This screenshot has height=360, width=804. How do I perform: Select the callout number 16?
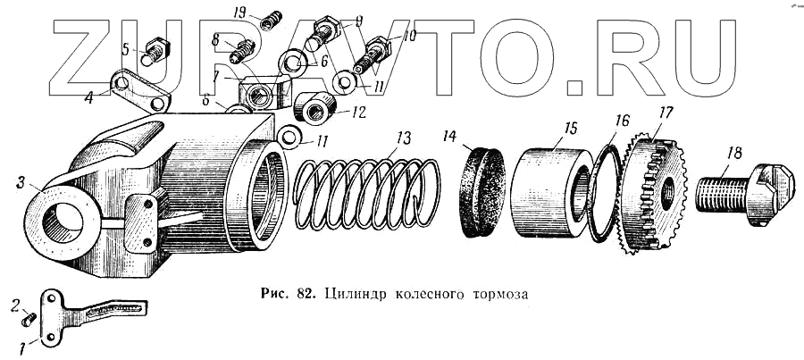coord(622,118)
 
